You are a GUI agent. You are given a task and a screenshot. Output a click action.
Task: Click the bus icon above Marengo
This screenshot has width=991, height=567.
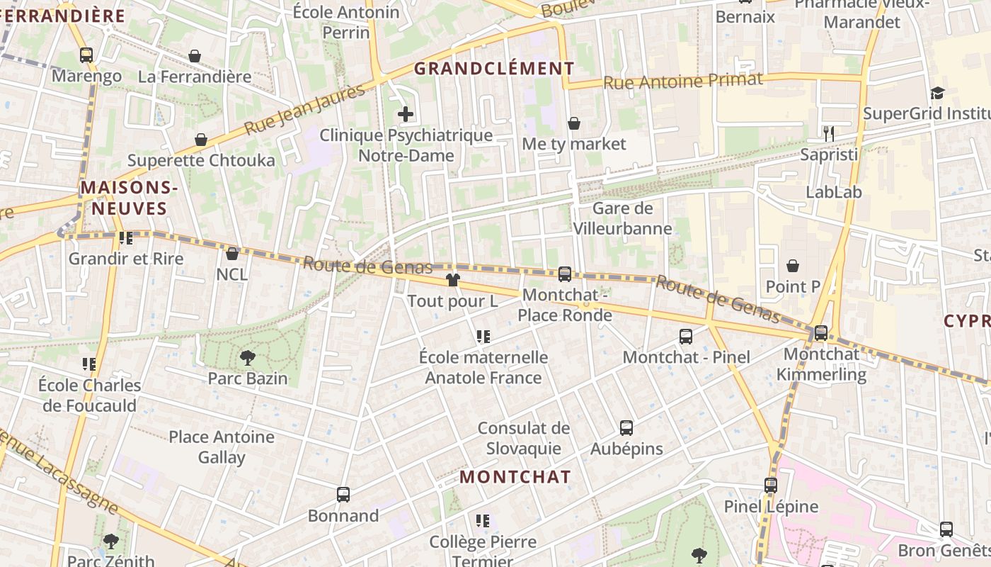86,55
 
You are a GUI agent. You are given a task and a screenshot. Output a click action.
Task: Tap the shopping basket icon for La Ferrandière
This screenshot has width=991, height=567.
195,56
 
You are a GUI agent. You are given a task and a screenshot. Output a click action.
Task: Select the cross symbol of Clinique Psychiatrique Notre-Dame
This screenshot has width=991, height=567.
406,113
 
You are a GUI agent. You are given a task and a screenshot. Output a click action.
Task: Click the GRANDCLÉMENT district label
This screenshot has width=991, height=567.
494,69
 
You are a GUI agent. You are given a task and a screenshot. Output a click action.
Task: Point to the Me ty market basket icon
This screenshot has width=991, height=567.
574,123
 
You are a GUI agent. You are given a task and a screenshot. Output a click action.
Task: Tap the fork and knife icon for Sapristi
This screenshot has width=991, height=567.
829,133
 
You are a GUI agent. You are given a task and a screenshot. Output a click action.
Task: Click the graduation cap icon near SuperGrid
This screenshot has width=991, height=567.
937,93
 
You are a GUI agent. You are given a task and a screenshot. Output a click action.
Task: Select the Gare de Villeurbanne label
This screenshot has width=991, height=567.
622,218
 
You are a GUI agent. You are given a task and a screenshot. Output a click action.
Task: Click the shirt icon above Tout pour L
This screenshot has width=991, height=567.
453,280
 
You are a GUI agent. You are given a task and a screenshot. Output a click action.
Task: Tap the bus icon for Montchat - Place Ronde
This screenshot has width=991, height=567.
564,274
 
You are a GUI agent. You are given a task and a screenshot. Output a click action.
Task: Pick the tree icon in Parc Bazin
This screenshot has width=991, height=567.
247,357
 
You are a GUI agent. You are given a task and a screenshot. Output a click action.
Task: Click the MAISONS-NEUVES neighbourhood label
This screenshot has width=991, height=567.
128,198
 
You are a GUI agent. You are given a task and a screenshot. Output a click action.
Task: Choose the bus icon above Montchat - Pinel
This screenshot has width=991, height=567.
685,336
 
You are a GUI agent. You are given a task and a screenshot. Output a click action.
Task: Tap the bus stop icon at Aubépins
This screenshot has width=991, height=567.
626,427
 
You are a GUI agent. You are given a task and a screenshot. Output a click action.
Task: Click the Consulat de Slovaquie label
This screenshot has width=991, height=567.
523,438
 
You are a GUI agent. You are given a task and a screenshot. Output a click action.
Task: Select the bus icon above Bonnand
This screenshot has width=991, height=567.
343,494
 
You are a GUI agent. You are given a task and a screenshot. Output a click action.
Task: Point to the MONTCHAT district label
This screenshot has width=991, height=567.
515,477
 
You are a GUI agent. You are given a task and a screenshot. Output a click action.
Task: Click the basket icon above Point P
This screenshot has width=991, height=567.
793,266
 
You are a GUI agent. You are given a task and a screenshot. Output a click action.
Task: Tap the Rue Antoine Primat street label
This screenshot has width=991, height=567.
682,81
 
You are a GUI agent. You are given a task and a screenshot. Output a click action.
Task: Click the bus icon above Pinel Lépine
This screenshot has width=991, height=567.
770,485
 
